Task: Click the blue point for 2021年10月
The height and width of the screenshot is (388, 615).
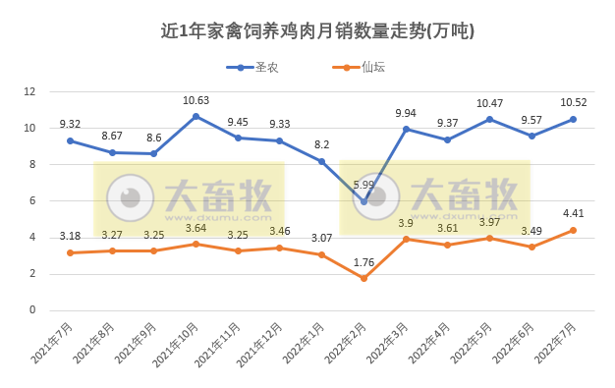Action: tap(196, 116)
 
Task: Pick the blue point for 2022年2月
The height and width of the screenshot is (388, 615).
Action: tap(363, 201)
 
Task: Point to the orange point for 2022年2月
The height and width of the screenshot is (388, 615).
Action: tap(363, 278)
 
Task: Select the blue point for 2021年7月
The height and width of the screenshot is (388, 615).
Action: tap(70, 140)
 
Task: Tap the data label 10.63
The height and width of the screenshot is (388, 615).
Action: tap(196, 100)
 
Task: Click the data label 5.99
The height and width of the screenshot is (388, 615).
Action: tap(363, 185)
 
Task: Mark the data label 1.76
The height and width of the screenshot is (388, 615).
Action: tap(363, 261)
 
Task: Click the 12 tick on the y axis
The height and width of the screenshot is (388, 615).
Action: tap(29, 91)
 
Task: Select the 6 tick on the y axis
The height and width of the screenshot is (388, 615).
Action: tap(32, 201)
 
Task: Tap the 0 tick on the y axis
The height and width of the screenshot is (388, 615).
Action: tap(32, 310)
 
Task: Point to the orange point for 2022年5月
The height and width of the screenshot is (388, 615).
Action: tap(489, 238)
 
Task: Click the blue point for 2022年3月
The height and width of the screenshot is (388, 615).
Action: tap(406, 129)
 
